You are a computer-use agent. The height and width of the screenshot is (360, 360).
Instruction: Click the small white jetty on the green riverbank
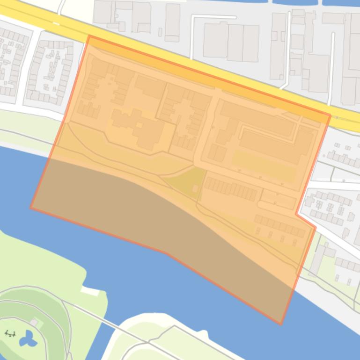point(90,291)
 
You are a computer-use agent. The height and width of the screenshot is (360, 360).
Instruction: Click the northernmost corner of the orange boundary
point(88,36)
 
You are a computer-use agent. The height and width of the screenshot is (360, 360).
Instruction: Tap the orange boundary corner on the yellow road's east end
point(330,115)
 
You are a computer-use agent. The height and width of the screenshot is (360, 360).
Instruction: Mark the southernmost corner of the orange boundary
point(280,324)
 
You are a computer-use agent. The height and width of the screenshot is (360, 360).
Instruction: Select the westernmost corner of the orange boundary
point(31,208)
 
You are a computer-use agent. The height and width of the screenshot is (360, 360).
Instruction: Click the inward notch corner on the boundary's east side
point(296,214)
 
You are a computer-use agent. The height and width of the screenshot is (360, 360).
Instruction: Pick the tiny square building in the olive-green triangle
point(195,188)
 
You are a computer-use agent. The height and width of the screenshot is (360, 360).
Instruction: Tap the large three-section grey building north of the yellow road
point(231,42)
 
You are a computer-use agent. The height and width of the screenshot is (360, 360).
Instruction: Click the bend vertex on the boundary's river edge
point(165,252)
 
